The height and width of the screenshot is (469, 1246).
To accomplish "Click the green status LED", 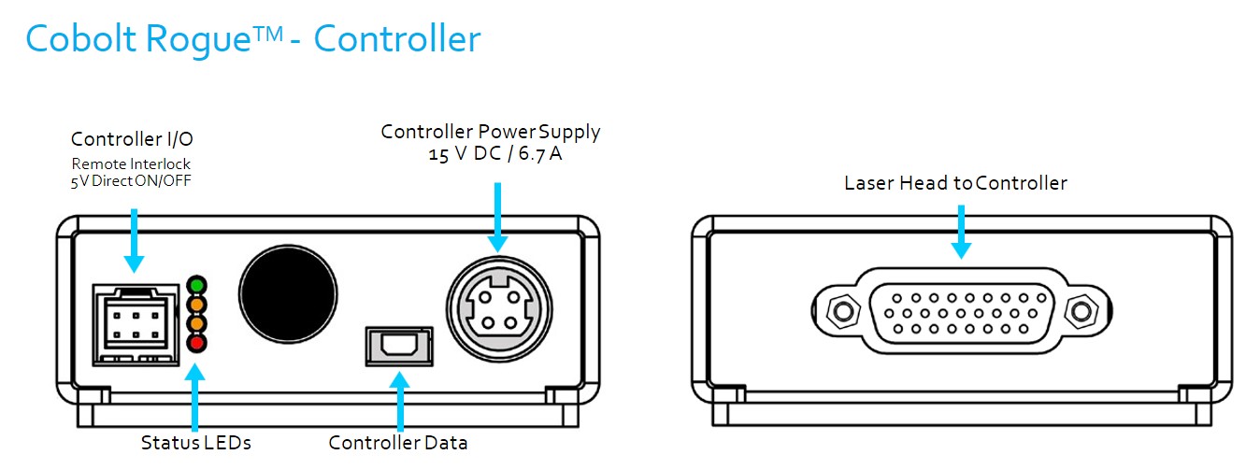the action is [x=197, y=286].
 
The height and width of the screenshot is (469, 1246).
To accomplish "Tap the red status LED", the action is [x=197, y=343].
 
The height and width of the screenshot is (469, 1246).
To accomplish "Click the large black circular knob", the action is [x=288, y=294].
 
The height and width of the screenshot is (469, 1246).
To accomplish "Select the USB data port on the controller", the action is [x=399, y=347].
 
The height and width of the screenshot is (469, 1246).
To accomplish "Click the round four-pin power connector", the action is [x=499, y=309].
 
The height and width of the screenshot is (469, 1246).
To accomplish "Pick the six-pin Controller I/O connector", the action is [x=136, y=324].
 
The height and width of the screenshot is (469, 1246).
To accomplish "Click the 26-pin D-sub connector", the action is [x=961, y=310].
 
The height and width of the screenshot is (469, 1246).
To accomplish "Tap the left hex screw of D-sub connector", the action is [x=843, y=311].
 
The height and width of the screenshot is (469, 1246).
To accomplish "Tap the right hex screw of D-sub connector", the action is [x=1081, y=311].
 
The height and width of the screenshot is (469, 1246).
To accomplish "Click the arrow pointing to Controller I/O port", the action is [x=134, y=241].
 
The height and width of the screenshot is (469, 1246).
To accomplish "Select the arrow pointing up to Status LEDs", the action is [x=194, y=397].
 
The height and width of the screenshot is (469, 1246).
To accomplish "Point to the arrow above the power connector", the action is [x=498, y=218].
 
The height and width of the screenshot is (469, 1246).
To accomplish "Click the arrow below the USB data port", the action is [x=399, y=401].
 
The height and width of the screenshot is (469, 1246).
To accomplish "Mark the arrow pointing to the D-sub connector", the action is [x=961, y=232].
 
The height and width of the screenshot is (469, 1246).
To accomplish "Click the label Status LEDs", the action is [x=195, y=443].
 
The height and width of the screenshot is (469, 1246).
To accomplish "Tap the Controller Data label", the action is [x=397, y=443].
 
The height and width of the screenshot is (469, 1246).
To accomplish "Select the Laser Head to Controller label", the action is [x=955, y=183].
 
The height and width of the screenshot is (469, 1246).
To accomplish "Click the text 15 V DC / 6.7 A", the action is [x=495, y=154].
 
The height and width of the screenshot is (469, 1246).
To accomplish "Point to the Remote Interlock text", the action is [x=131, y=163].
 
